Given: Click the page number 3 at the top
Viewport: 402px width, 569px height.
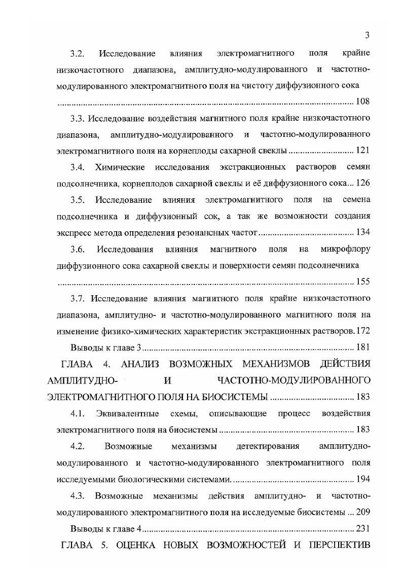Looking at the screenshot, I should (367, 34).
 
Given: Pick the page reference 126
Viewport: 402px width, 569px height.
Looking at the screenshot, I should (363, 183).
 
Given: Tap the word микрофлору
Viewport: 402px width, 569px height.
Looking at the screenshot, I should (345, 250).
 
